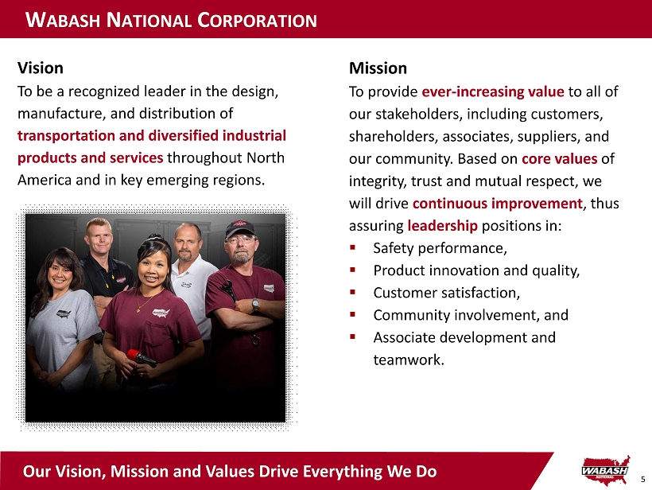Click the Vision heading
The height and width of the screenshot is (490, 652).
[41, 68]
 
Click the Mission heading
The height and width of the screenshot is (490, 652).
[378, 68]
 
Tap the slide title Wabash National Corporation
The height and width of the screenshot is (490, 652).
[171, 20]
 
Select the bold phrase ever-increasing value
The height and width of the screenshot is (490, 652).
[493, 91]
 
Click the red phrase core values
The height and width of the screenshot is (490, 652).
[559, 158]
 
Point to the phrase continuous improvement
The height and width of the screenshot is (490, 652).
[497, 204]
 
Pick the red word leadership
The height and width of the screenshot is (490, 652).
[442, 225]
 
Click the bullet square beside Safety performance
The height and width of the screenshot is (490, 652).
[352, 247]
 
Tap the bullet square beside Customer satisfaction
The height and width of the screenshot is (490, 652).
[352, 292]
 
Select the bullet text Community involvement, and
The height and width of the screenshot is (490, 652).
[471, 315]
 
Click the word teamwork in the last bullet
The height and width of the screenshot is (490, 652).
[409, 360]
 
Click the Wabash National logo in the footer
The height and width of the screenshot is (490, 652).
[606, 470]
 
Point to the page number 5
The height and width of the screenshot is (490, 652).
[642, 479]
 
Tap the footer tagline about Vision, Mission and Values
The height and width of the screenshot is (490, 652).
[230, 471]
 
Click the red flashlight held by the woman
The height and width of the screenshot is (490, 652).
[141, 357]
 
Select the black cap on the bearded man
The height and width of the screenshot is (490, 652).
[239, 228]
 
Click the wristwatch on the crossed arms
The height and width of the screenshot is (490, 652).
[255, 305]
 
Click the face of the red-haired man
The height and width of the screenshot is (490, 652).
[99, 239]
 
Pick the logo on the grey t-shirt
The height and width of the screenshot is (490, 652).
[63, 313]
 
